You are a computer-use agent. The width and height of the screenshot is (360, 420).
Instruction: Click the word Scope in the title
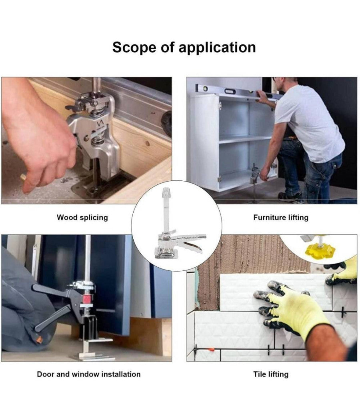134,47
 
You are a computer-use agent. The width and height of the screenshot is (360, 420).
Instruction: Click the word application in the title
217,48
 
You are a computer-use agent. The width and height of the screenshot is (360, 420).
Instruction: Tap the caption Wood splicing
82,217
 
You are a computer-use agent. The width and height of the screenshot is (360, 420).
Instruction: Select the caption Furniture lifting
281,217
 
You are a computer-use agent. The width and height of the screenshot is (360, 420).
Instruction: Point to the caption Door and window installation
89,374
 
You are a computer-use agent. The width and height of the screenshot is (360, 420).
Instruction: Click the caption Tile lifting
271,374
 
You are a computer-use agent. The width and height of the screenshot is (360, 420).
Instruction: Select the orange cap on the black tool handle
39,340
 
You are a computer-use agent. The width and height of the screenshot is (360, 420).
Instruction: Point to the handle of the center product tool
192,241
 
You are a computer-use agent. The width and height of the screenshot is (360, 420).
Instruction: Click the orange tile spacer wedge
211,350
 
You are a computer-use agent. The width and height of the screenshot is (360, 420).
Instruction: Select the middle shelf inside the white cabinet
245,139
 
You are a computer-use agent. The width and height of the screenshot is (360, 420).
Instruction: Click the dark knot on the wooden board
147,144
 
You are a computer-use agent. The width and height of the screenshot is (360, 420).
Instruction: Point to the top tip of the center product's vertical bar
166,188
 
